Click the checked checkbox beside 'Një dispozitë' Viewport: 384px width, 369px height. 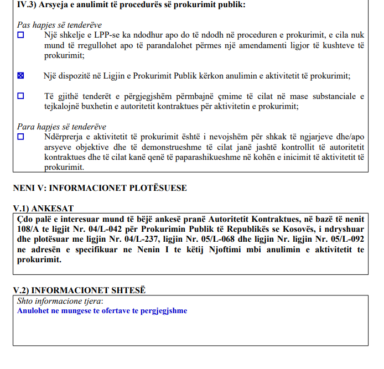click(x=21, y=76)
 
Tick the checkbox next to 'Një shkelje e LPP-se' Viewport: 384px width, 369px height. click(x=21, y=35)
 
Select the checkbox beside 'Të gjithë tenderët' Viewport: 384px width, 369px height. click(x=21, y=96)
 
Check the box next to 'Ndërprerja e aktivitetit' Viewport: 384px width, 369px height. click(x=21, y=136)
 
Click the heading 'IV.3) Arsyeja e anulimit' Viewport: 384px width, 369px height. click(x=131, y=5)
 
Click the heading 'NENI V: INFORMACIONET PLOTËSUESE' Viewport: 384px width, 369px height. click(x=100, y=188)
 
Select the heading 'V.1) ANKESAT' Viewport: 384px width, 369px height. click(x=43, y=209)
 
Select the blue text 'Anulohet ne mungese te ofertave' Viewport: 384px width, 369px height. click(x=102, y=311)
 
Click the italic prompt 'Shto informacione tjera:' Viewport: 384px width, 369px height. click(x=60, y=302)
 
